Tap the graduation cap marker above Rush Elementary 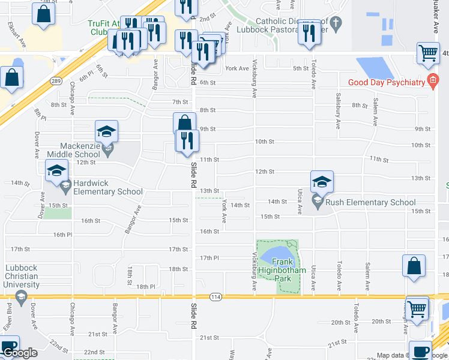click(x=322, y=182)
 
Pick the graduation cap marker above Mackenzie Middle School click(x=106, y=131)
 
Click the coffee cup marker click(x=420, y=350)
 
